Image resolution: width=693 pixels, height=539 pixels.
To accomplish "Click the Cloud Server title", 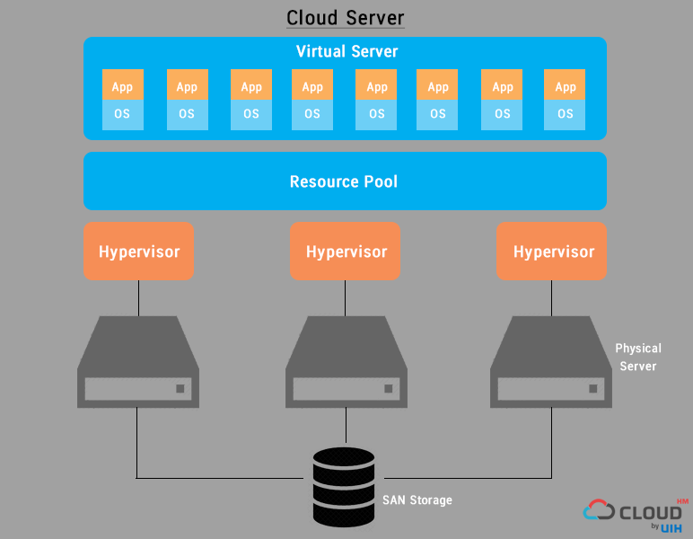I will [x=346, y=18].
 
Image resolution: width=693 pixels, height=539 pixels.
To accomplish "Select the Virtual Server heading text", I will [x=346, y=51].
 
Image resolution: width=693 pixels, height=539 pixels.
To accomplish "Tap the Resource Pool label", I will [x=344, y=181].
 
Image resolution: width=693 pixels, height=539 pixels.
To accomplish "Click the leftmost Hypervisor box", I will [x=138, y=252].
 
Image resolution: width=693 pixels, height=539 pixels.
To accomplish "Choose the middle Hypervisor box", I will [x=346, y=252].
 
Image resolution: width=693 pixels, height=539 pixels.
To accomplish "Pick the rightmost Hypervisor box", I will [x=552, y=252].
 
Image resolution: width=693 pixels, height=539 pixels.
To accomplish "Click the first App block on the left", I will [x=123, y=86].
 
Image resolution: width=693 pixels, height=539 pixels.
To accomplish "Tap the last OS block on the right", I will [x=565, y=115].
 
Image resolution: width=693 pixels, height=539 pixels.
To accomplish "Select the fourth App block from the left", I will [x=312, y=86].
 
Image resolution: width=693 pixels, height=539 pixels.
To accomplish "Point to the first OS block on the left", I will [x=123, y=115].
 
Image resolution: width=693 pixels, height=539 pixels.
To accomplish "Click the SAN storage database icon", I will [x=344, y=487].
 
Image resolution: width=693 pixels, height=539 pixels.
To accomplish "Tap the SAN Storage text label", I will [x=417, y=500].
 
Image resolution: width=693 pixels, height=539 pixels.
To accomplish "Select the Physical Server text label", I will [x=638, y=357].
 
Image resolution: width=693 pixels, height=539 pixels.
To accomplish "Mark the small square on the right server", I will [x=592, y=389].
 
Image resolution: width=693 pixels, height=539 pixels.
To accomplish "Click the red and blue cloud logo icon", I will [x=599, y=511].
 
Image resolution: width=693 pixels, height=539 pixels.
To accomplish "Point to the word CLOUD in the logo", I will [x=651, y=512].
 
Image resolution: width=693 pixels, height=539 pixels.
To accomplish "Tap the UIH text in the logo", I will [x=671, y=528].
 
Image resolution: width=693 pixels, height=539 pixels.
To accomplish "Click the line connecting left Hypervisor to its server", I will [x=138, y=296].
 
